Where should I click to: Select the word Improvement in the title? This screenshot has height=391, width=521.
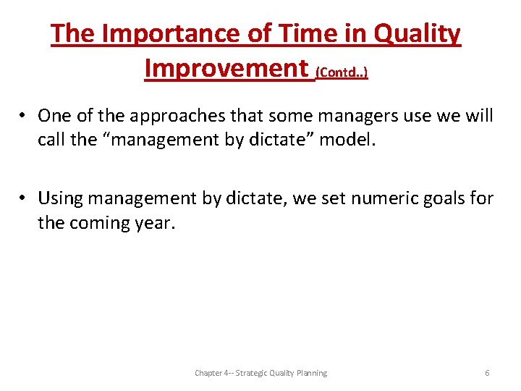click(226, 68)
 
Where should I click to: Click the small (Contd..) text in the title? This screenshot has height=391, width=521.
click(342, 72)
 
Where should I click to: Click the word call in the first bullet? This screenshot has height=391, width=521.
click(51, 140)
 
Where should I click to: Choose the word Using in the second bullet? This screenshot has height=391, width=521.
click(61, 198)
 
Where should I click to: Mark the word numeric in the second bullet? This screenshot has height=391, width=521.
click(376, 198)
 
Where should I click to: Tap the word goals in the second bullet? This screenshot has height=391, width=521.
click(439, 198)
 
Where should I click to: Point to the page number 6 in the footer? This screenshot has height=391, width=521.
click(487, 373)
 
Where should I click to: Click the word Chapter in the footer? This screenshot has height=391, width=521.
click(208, 373)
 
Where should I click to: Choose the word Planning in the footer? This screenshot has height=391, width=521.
click(311, 373)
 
